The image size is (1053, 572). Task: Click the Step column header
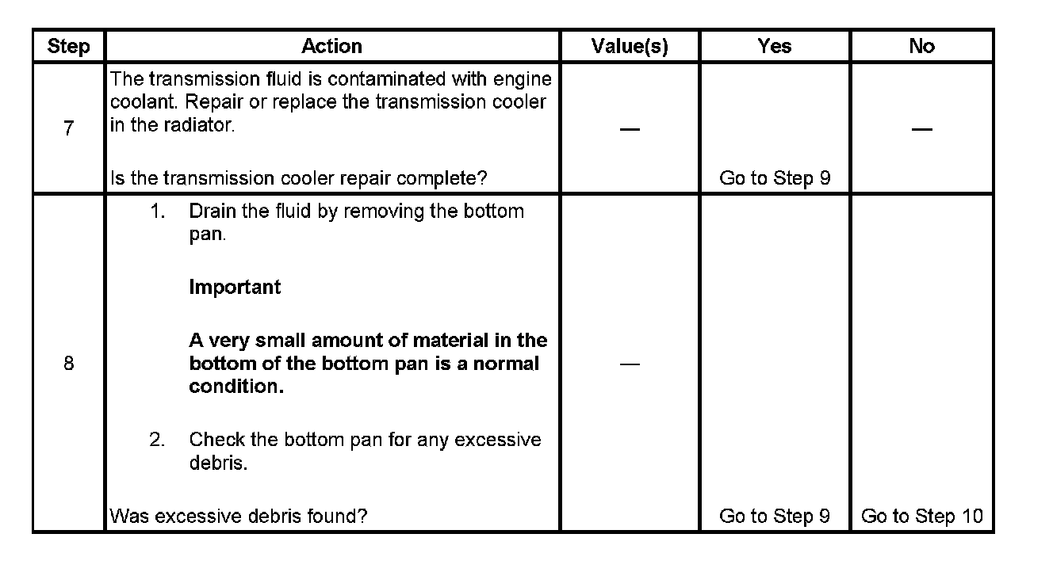[x=68, y=47]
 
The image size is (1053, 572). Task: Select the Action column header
[x=331, y=47]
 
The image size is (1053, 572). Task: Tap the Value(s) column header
[x=630, y=47]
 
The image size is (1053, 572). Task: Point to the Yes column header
[x=774, y=47]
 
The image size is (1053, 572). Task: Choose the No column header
[x=921, y=47]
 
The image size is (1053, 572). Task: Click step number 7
[x=68, y=128]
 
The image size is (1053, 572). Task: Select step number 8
[x=68, y=364]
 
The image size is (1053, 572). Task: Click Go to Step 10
[x=921, y=517]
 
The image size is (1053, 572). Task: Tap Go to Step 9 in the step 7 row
[x=774, y=178]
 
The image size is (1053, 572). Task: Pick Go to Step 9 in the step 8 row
[x=774, y=517]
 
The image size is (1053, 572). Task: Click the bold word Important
[x=235, y=287]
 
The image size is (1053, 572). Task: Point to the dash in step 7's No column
[x=921, y=129]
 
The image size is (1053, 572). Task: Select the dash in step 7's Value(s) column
[x=630, y=129]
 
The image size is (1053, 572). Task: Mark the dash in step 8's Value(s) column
[x=630, y=364]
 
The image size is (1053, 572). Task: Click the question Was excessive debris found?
[x=238, y=517]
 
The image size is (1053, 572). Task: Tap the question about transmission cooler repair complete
[x=298, y=178]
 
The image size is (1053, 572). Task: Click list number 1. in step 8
[x=158, y=212]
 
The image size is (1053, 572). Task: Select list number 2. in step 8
[x=158, y=440]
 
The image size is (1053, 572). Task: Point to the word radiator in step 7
[x=200, y=125]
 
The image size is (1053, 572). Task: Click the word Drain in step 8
[x=211, y=212]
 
